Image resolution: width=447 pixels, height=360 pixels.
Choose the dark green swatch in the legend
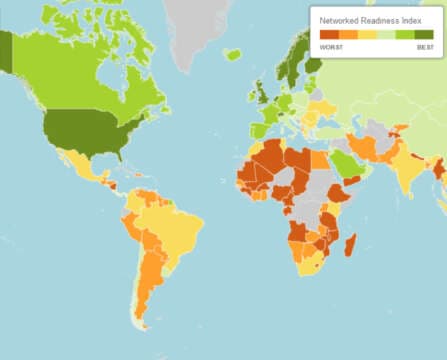(424, 35)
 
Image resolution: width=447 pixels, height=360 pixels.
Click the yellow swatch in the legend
(366, 35)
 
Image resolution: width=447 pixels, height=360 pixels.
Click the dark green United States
(85, 132)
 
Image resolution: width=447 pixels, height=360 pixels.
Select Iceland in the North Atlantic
(232, 54)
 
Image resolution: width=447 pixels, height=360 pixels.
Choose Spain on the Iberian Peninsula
(259, 128)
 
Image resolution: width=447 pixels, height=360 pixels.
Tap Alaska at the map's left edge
(6, 50)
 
